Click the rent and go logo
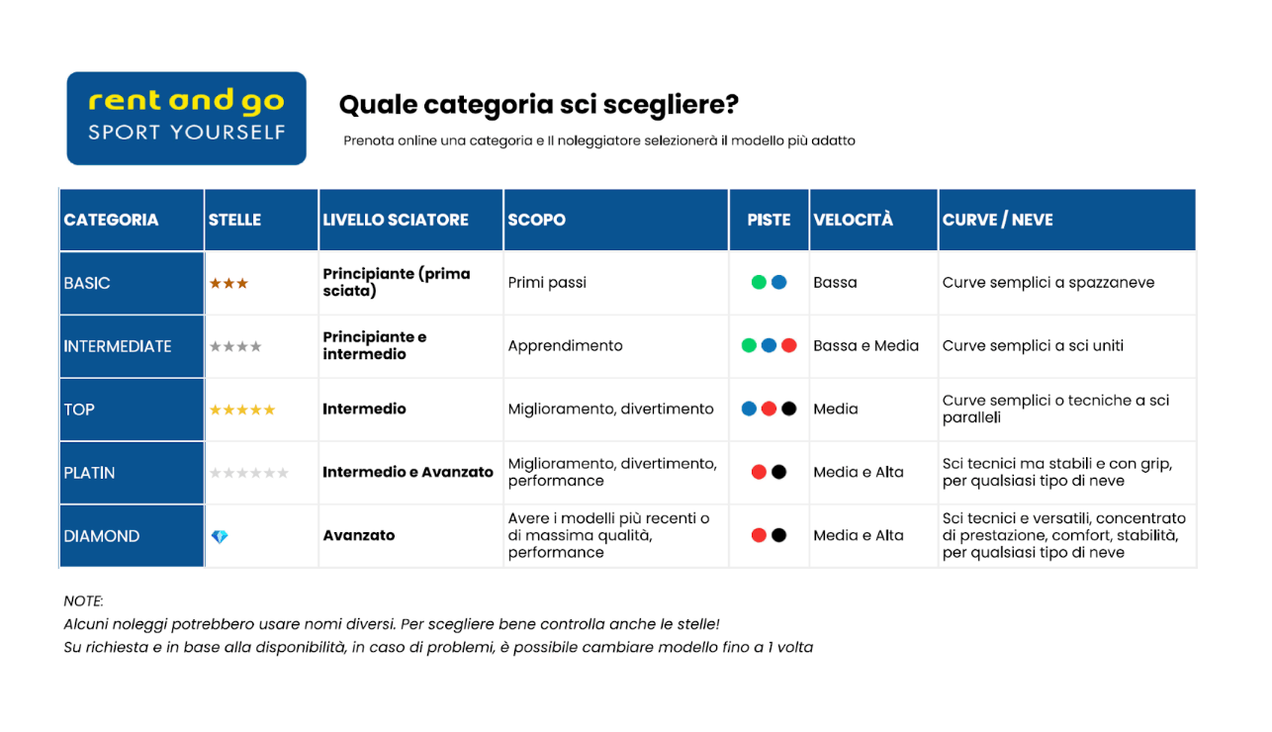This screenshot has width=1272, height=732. point(186,118)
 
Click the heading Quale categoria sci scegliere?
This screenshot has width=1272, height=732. point(538,105)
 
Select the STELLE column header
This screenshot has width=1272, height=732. point(234,220)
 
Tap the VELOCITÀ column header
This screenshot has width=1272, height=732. point(853,220)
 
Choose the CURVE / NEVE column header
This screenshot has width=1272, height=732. point(997,220)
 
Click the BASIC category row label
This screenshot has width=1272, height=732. point(87,283)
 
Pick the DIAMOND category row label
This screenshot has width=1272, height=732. point(102,536)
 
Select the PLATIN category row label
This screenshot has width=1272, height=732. point(89,473)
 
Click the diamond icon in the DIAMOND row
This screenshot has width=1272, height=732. point(220,536)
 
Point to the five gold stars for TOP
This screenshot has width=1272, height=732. point(241,410)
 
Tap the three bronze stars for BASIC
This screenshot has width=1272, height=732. point(228,283)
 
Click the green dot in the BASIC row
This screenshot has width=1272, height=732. point(759,282)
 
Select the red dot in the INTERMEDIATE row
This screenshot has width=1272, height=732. point(788,345)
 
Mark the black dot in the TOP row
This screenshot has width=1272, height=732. point(788,409)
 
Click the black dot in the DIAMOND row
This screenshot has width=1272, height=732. point(778,535)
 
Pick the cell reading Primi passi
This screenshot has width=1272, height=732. point(547,283)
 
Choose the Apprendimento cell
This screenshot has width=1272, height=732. point(565,346)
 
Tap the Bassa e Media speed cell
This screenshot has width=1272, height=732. point(865,346)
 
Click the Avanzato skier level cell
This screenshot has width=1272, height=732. point(359,536)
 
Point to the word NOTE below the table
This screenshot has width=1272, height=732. point(83,601)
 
